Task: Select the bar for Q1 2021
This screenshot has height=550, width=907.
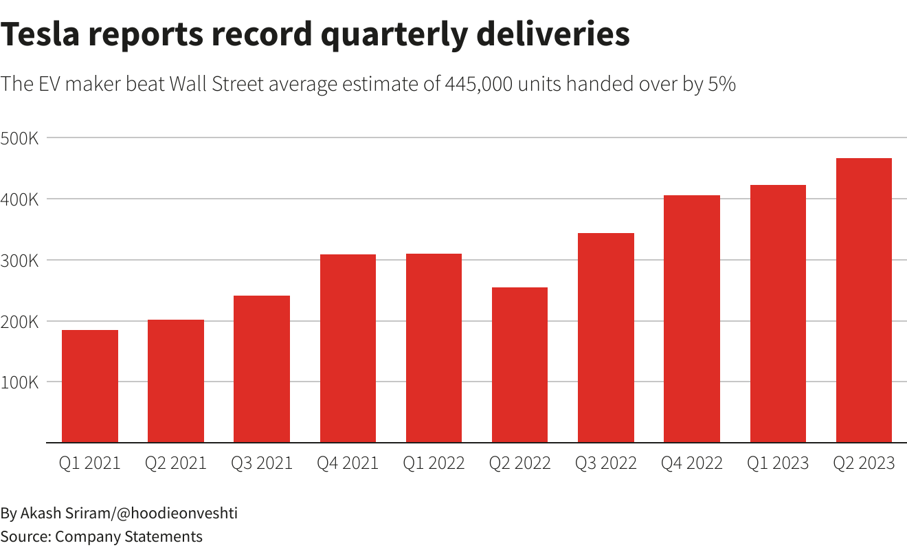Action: (x=90, y=386)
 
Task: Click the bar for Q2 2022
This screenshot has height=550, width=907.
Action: (x=519, y=365)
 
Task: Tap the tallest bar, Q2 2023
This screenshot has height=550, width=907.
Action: (x=864, y=300)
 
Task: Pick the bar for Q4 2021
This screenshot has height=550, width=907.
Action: (x=348, y=349)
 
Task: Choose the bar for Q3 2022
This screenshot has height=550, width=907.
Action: (x=606, y=338)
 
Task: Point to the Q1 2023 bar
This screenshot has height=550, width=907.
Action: (x=778, y=313)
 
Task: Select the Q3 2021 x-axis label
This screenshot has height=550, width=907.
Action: (x=262, y=463)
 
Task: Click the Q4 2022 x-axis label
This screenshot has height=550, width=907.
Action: (x=692, y=463)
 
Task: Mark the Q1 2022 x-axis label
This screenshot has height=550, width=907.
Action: (x=434, y=463)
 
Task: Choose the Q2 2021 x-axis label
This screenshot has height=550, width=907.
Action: (x=176, y=463)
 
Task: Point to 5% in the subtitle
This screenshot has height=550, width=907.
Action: (x=721, y=85)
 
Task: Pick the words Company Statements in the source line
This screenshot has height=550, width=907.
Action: (x=129, y=536)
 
